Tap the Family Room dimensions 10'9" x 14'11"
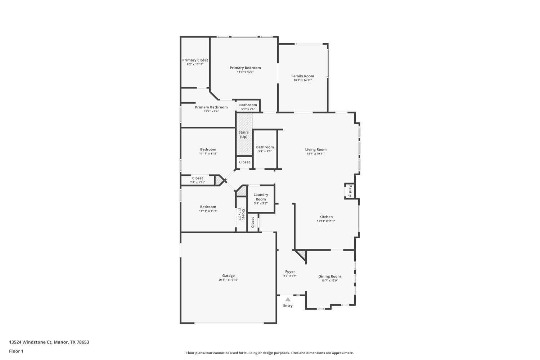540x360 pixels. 302,80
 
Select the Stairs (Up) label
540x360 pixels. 244,135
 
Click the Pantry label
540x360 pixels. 350,191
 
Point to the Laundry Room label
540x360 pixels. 261,197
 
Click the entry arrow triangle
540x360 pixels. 288,299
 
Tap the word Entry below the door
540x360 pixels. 288,306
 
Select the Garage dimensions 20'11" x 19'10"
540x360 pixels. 228,280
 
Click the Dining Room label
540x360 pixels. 329,276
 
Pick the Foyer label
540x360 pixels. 290,272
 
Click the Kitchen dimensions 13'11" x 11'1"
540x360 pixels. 326,221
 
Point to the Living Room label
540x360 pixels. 316,149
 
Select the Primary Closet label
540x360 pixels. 195,60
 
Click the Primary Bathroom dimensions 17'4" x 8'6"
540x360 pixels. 211,112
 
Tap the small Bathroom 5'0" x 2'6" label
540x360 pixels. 248,105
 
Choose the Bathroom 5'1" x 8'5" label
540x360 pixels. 265,147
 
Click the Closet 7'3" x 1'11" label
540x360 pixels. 197,178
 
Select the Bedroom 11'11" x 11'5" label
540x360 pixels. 208,149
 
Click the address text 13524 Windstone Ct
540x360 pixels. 31,342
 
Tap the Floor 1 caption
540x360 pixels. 16,351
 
